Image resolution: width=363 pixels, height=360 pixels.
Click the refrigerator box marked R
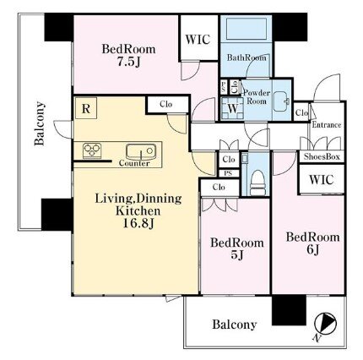coord(86,108)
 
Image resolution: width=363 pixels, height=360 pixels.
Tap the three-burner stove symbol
coord(92,150)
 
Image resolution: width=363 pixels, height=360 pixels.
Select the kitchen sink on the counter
coord(141,152)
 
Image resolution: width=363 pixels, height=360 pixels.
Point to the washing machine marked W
coord(232,109)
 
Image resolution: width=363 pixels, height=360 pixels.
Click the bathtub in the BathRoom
coord(247,29)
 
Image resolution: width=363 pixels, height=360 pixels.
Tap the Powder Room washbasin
coord(281,101)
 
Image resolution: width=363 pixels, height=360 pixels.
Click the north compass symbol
coord(325,323)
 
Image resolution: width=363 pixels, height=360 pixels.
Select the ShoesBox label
coord(322,156)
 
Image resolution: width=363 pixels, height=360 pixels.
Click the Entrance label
coord(327,125)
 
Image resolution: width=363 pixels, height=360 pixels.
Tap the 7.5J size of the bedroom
coord(128,63)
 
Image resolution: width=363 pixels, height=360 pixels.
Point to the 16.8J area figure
coord(138,224)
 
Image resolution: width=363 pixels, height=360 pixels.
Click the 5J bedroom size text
coord(237,255)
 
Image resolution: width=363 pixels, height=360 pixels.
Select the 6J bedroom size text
coord(312,249)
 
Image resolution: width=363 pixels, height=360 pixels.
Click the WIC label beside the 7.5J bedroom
coord(198,40)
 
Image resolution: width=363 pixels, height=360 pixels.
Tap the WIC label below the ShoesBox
coord(322,179)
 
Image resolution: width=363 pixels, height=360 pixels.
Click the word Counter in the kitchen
coord(134,163)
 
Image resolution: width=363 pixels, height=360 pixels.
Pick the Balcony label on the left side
coord(40,123)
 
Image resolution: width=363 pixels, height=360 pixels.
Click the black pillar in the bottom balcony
coord(289,310)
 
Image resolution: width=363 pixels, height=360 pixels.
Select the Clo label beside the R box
coord(165,104)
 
